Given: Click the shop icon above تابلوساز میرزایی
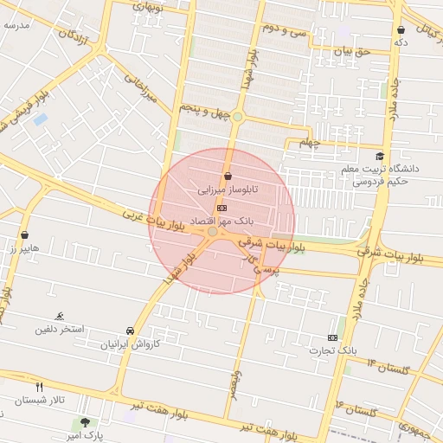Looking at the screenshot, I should [228, 177].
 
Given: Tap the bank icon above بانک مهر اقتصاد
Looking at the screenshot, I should [222, 208].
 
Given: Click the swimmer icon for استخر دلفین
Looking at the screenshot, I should [59, 317].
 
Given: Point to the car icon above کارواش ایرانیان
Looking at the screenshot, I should [130, 331].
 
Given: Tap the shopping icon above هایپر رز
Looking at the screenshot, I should [24, 235].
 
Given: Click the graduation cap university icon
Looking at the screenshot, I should [379, 157].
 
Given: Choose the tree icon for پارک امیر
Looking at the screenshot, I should [85, 422].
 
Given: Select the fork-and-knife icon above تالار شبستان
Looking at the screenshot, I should [39, 387].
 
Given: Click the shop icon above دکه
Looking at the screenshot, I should [400, 30].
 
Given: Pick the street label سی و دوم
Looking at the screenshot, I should [286, 30].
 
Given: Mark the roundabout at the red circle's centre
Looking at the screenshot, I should [213, 231].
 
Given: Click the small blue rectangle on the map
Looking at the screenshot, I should [40, 119].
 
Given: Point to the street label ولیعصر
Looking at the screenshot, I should [234, 381].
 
